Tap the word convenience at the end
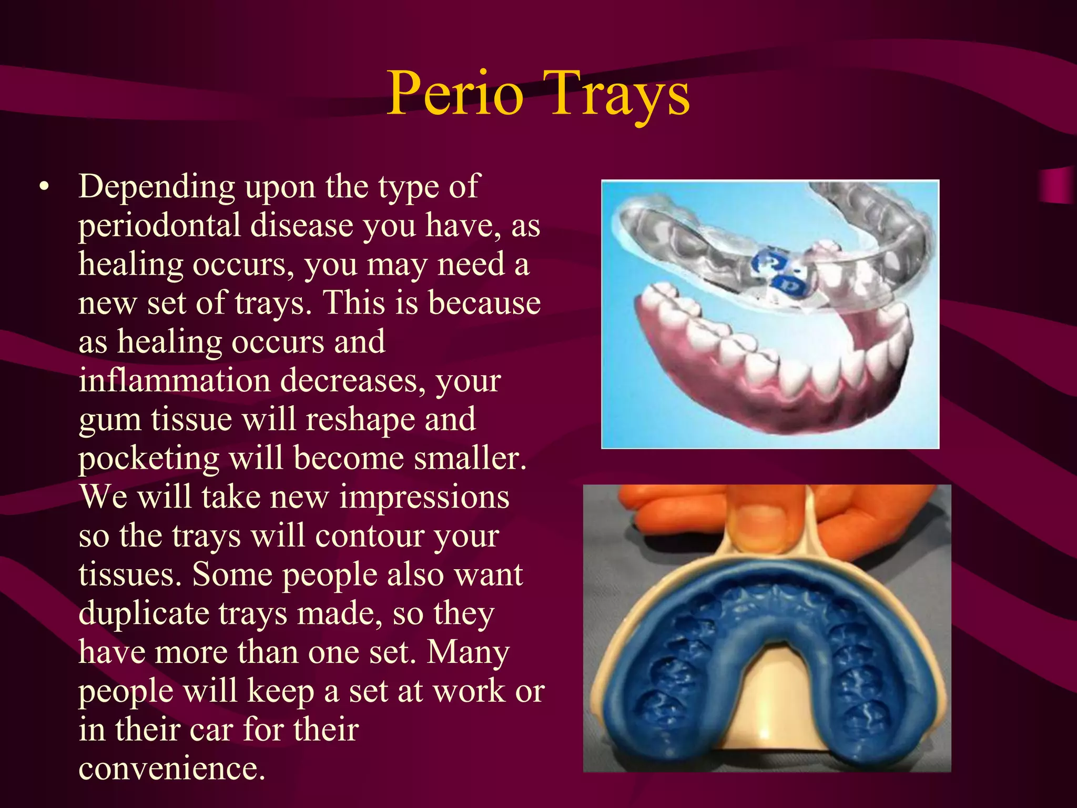[x=171, y=769]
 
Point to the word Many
[x=468, y=652]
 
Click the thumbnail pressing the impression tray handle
[x=758, y=521]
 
